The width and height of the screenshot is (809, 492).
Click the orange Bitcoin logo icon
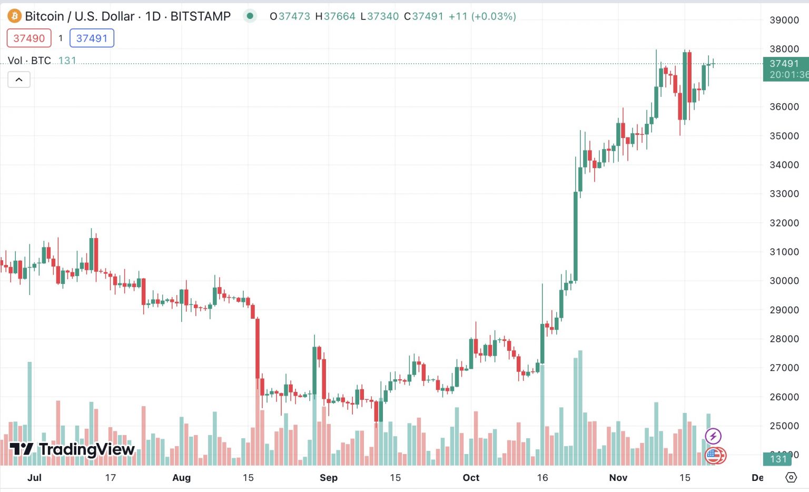[x=14, y=16]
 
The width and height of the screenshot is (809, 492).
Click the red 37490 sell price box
[x=29, y=38]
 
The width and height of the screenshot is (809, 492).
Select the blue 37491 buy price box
[x=92, y=38]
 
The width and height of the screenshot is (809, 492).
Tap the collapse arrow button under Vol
[x=19, y=80]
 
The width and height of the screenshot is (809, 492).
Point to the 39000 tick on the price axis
[x=784, y=20]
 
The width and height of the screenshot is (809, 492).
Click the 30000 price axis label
[x=784, y=281]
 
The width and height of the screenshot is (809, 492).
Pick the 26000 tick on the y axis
[x=784, y=397]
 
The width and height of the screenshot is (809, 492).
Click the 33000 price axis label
[x=784, y=194]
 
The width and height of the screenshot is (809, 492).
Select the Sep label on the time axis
[x=329, y=478]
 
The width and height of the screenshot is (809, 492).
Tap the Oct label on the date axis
[x=471, y=478]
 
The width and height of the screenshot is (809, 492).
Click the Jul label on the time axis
[x=34, y=478]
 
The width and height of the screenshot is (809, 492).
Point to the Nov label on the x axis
[x=618, y=478]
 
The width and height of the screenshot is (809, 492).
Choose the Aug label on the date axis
[x=182, y=478]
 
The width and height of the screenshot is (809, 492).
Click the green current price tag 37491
[x=785, y=69]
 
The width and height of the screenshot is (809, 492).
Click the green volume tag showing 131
[x=778, y=459]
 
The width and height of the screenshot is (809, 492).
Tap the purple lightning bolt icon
[x=713, y=436]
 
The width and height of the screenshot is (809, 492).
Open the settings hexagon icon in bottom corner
[x=791, y=477]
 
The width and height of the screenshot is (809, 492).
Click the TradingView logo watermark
[x=73, y=449]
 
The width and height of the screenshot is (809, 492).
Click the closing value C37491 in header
[x=424, y=16]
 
